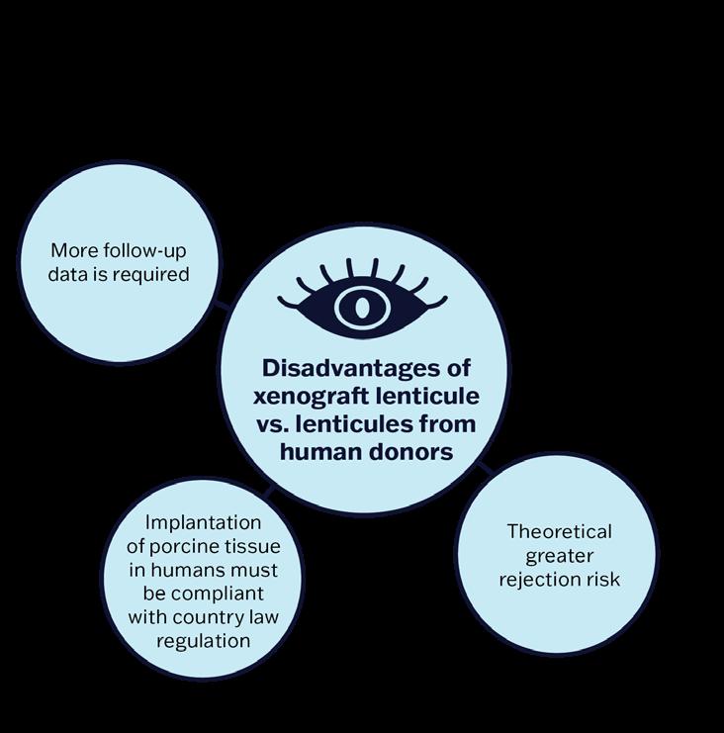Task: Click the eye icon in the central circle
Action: tap(362, 297)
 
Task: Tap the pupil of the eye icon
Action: tap(362, 308)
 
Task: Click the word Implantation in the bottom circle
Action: tap(203, 522)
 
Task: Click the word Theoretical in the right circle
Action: tap(560, 531)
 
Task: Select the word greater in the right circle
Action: tap(560, 555)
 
